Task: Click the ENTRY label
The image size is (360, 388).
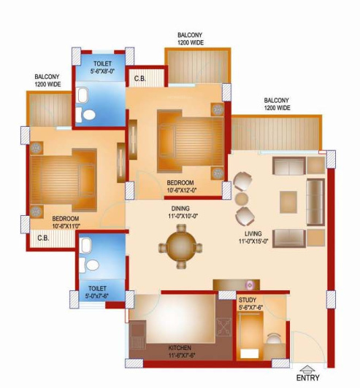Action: pos(307,379)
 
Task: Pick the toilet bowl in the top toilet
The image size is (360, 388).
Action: pos(88,115)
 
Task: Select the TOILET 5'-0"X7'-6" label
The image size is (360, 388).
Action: pos(97,293)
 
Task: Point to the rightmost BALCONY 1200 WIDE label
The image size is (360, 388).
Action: pos(277,104)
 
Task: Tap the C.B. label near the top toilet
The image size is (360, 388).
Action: pos(139,77)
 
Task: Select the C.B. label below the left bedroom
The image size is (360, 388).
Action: pos(42,237)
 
